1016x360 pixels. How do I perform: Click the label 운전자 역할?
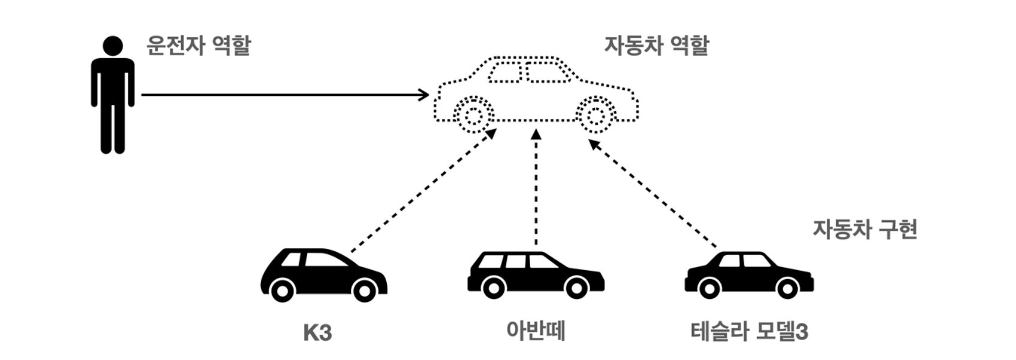click(199, 46)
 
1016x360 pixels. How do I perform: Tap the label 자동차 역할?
click(656, 46)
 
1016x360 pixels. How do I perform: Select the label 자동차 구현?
click(864, 229)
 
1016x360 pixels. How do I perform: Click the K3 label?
click(317, 332)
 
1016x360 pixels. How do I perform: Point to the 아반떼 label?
click(536, 331)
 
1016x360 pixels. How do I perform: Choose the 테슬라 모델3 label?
click(749, 331)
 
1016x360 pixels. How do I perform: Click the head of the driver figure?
click(113, 46)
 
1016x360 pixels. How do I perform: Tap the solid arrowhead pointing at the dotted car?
click(424, 95)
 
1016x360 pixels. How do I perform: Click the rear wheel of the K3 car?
click(282, 290)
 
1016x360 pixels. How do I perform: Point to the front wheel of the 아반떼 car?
click(576, 288)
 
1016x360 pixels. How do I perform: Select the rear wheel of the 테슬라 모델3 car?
click(709, 288)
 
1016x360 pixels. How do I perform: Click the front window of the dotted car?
click(548, 73)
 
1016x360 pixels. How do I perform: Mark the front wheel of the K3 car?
click(364, 290)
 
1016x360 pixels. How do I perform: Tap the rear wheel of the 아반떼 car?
click(494, 288)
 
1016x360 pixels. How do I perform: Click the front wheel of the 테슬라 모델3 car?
click(787, 288)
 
